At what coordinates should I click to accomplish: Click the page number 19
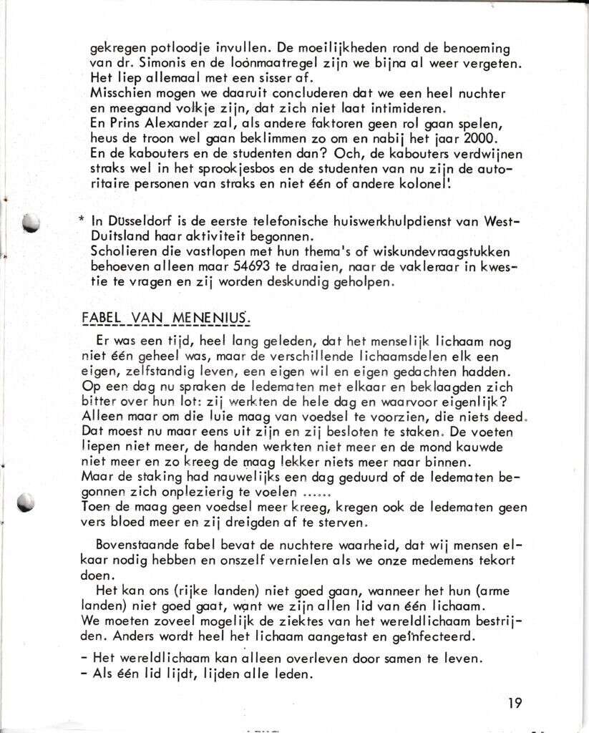(x=515, y=702)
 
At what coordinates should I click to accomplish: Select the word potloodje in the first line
(x=170, y=49)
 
